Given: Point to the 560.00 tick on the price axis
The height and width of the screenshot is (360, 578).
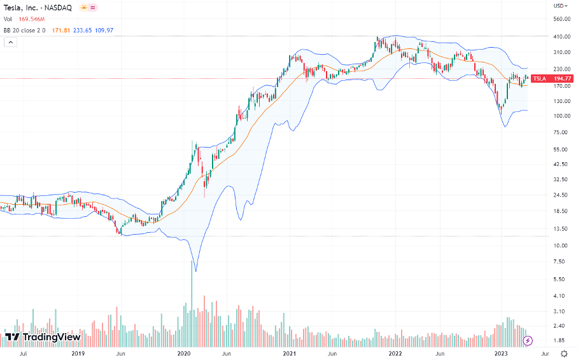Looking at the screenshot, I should coord(561,19).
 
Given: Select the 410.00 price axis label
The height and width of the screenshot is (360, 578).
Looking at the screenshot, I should coord(561,37).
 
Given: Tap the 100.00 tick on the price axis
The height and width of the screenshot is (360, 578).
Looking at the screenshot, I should coord(561,116).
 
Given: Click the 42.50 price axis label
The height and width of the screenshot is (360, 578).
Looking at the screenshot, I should coord(561,164).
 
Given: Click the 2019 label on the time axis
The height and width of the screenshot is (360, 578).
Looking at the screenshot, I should coord(78,353).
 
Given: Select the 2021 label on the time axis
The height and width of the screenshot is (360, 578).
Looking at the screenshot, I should coord(290,353).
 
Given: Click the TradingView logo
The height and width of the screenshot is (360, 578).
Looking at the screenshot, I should coord(43,336).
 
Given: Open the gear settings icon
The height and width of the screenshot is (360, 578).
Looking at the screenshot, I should coord(564,353).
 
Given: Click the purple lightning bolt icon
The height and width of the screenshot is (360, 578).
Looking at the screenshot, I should coord(527,341).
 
